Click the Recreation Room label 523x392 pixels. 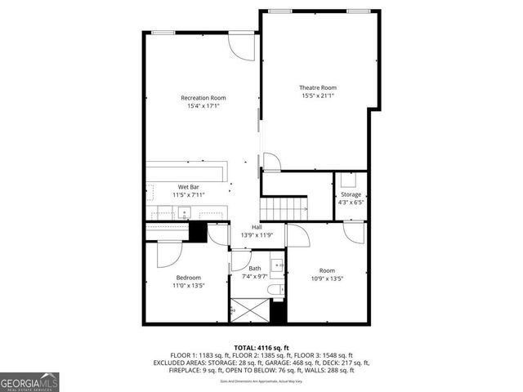(x=203, y=98)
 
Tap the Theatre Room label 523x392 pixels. (x=317, y=88)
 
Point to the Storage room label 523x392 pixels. (x=351, y=194)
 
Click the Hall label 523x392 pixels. (x=257, y=226)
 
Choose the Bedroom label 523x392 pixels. (x=188, y=278)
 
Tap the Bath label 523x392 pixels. (x=255, y=268)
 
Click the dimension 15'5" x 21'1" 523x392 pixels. (x=317, y=96)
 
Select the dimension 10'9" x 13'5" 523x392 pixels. (x=327, y=279)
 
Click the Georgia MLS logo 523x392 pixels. (x=28, y=381)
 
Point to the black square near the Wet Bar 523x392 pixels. (x=198, y=231)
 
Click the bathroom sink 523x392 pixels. (x=277, y=265)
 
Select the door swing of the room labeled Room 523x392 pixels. (x=297, y=236)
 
